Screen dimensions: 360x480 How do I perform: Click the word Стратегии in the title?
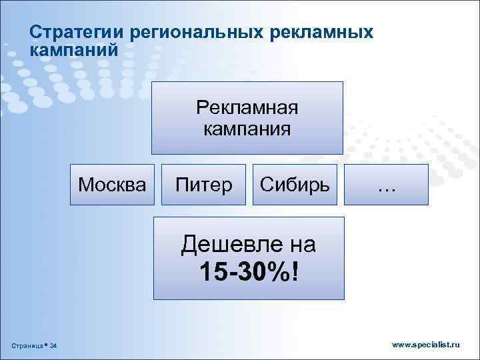78,33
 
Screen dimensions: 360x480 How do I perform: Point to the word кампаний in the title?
74,49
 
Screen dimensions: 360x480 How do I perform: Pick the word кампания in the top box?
247,128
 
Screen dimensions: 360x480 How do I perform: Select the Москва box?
112,183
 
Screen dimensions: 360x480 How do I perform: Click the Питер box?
204,183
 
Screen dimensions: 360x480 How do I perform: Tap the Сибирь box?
295,183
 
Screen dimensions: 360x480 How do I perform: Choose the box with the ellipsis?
387,183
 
